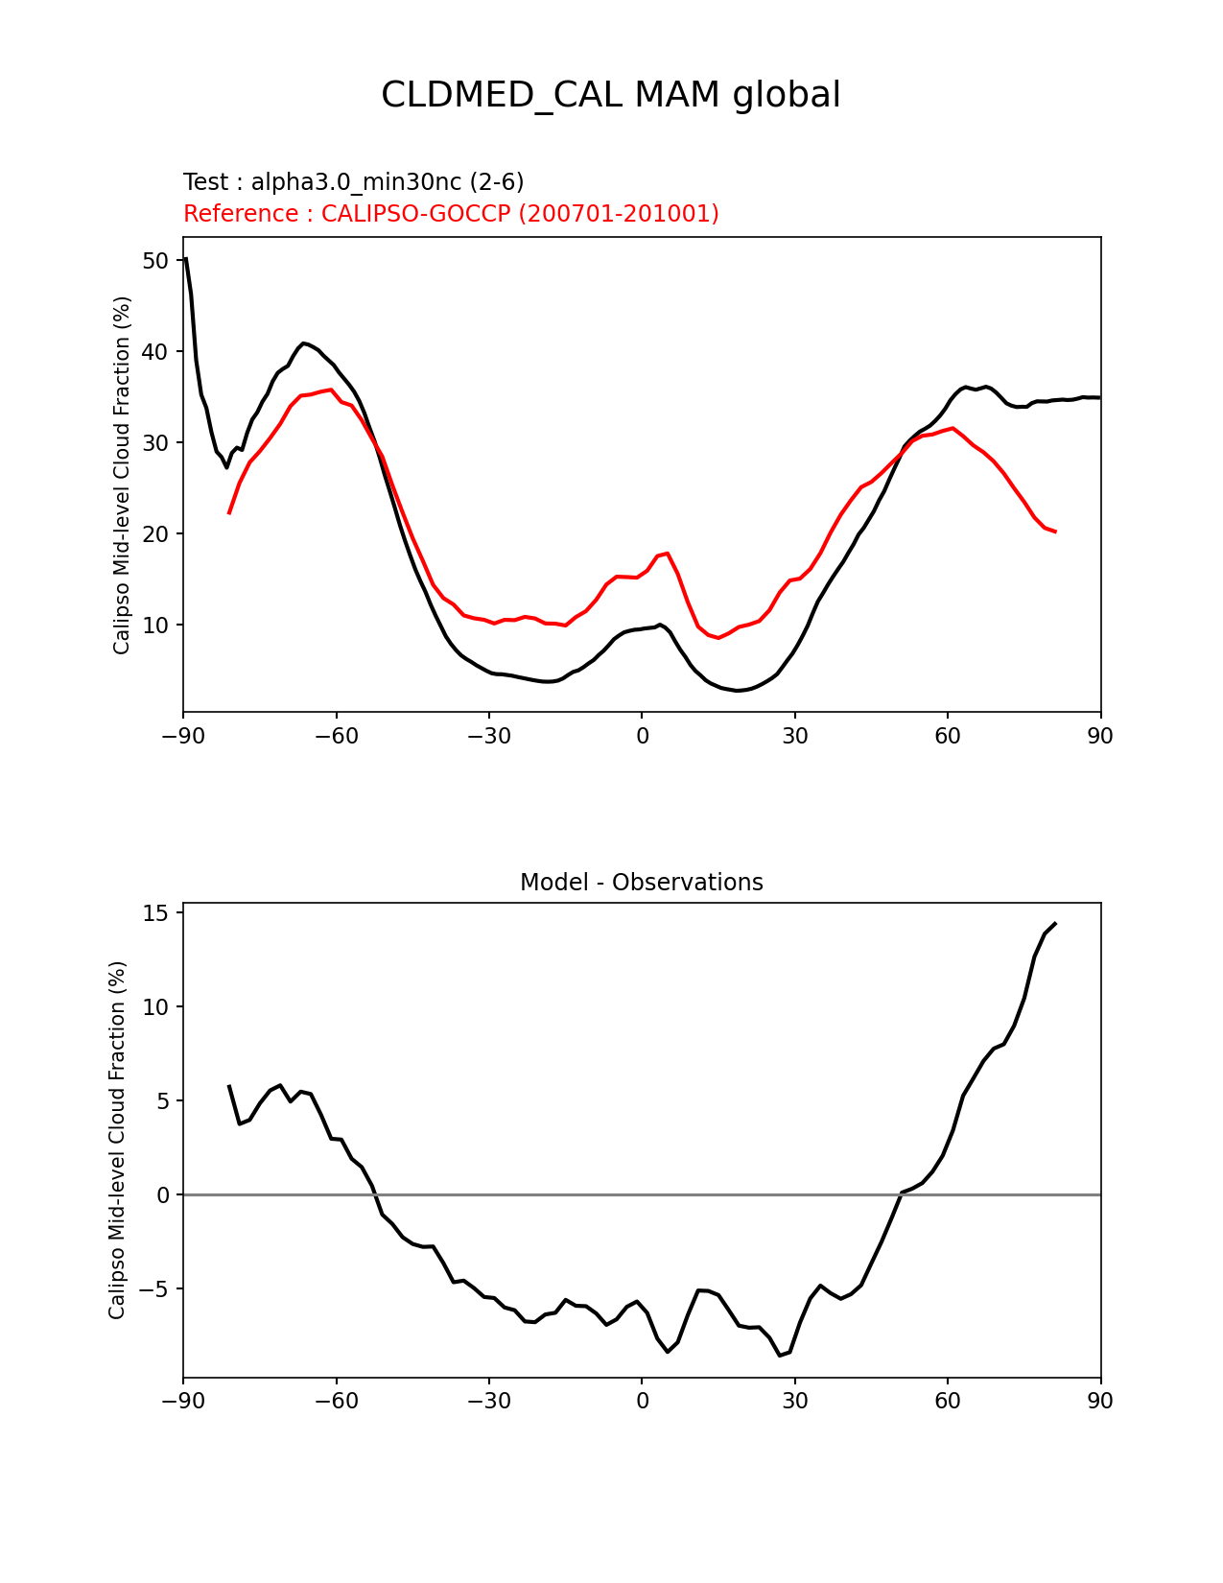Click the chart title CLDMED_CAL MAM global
coord(611,95)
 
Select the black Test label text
coord(353,182)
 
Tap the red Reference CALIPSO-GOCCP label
coord(451,214)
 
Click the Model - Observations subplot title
coord(641,883)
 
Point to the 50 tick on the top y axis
coord(156,261)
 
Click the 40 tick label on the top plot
coord(156,352)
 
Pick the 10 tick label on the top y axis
coord(156,626)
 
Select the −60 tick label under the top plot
coord(336,736)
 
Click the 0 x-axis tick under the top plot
coord(642,736)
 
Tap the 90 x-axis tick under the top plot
coord(1100,736)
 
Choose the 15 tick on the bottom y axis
coord(156,913)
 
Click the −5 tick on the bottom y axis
coord(152,1288)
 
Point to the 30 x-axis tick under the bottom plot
coord(794,1402)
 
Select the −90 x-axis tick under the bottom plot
coord(183,1402)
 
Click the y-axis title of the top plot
coord(122,475)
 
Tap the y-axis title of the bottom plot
coord(117,1140)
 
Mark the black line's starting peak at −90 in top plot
coord(185,258)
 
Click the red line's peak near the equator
coord(668,554)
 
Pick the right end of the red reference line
coord(1055,532)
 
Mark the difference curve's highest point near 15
coord(1055,923)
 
